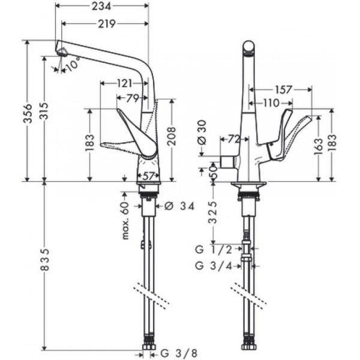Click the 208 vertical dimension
(x=172, y=139)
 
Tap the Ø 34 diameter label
(x=179, y=206)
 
